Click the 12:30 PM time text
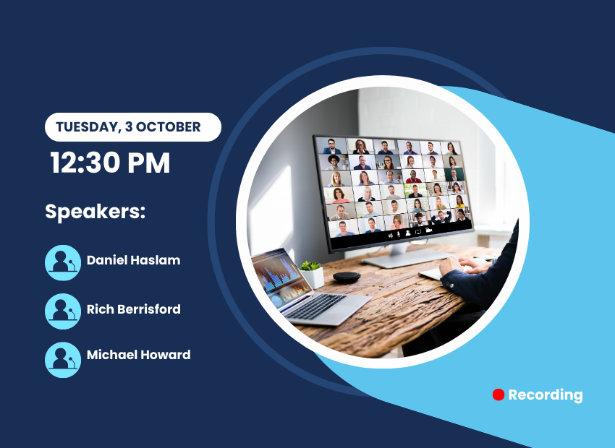[110, 163]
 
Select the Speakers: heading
[96, 212]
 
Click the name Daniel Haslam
[133, 260]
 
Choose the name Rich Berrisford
[133, 309]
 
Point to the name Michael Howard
[138, 355]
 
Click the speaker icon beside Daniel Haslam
[63, 263]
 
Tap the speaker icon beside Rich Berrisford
[63, 311]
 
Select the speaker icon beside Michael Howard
[63, 360]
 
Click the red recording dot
[498, 395]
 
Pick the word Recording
[546, 395]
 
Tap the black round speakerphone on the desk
[347, 277]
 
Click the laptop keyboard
[315, 306]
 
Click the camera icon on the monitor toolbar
[429, 231]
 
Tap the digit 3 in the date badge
[128, 126]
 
